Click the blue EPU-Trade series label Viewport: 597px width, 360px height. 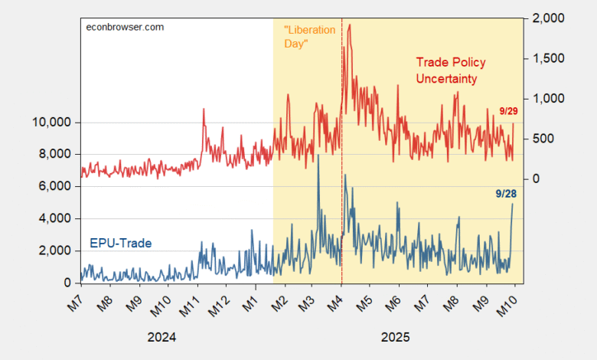pos(121,244)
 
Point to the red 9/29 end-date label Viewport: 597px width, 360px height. pos(507,112)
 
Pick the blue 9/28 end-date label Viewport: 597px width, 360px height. pos(506,194)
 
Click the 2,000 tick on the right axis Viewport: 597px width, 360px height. pos(546,18)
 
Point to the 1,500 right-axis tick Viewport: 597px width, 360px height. pos(546,58)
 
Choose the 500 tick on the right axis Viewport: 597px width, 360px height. pos(540,139)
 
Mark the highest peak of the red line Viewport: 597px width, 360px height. pos(350,25)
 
